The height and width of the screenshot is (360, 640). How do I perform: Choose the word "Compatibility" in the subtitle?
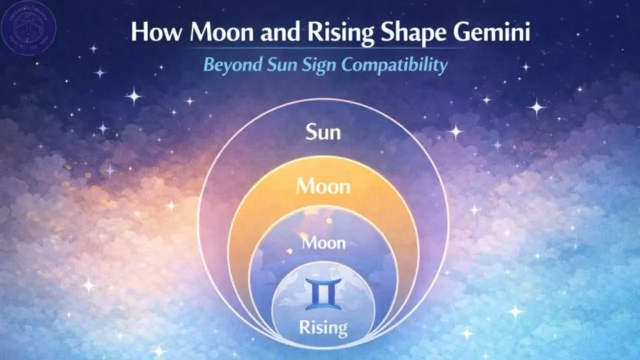coord(394,66)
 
